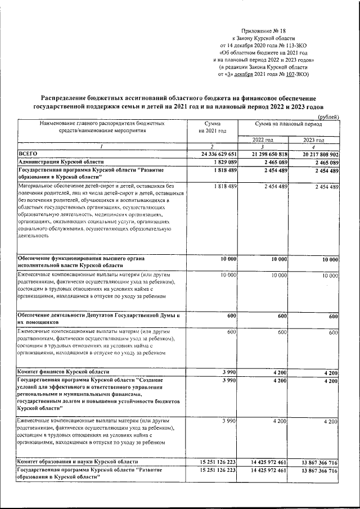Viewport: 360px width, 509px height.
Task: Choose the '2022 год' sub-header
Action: (263, 139)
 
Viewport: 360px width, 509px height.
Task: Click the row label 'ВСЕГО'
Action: (28, 154)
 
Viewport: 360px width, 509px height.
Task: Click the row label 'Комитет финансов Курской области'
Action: (64, 372)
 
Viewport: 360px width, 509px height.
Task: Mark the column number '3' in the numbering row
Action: (263, 146)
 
